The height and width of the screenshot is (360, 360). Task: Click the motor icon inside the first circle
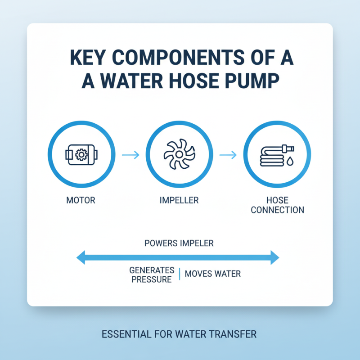(x=81, y=155)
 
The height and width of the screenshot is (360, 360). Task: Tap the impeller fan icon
(x=179, y=155)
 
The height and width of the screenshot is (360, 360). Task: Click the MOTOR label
(x=81, y=200)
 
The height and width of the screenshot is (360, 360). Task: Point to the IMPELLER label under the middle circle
(x=180, y=200)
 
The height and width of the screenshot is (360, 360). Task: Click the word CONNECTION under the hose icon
(x=277, y=210)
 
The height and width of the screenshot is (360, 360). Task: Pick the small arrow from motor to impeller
(x=130, y=155)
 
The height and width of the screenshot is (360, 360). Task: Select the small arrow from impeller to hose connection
(x=228, y=155)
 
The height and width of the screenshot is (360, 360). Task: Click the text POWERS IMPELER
(x=179, y=243)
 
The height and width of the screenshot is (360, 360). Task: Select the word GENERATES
(x=152, y=270)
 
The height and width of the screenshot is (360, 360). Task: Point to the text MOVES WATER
(x=212, y=274)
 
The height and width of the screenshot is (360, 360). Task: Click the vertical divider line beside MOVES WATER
(x=180, y=274)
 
